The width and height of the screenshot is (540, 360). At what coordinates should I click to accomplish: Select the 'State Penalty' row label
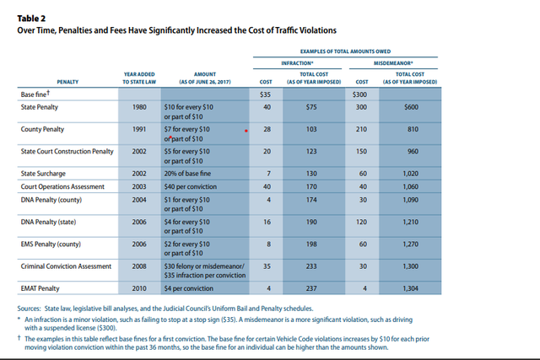pos(40,108)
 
